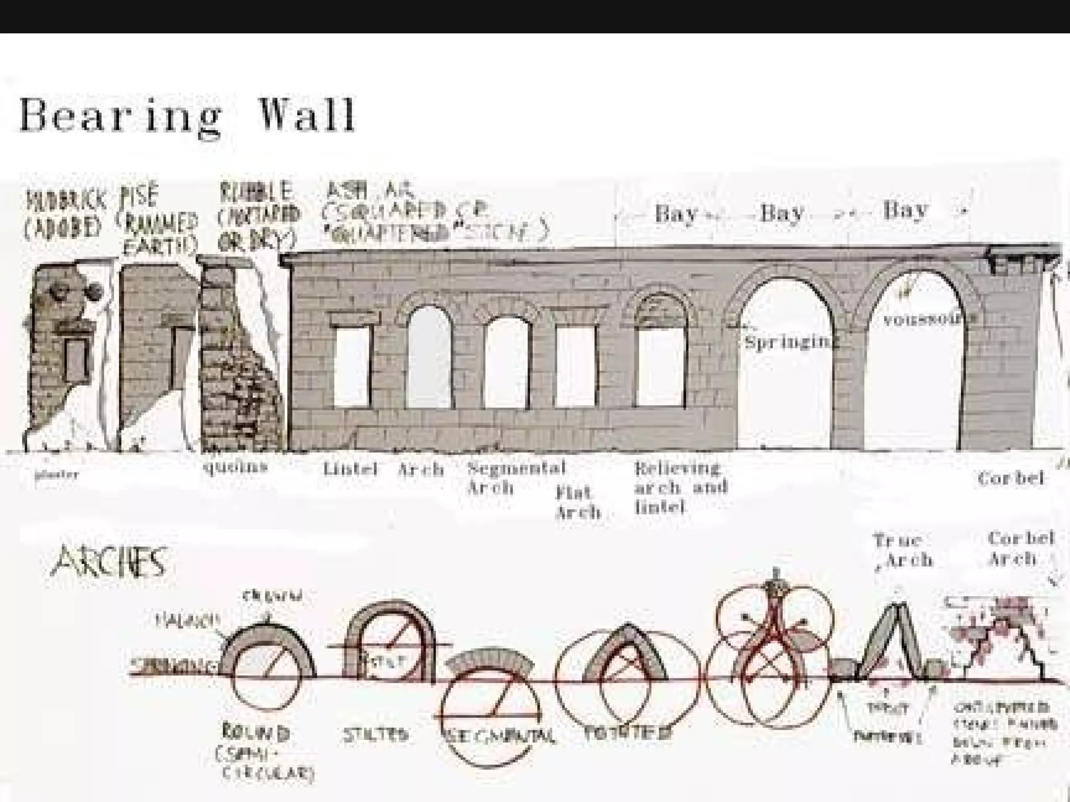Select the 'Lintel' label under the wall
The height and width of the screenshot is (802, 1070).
[350, 468]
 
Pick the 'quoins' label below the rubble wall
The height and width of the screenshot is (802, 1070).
[235, 466]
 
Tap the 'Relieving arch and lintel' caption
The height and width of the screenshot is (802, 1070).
[680, 487]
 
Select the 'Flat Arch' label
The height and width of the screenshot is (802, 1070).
[577, 501]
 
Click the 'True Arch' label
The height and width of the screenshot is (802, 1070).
[902, 549]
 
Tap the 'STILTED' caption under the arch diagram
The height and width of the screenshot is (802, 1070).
[375, 735]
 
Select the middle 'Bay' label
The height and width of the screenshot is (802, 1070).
[782, 213]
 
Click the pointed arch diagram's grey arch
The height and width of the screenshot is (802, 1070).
[627, 653]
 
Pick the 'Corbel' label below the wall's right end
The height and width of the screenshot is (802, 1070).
[1010, 478]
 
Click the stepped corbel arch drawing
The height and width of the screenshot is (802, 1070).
[1003, 642]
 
